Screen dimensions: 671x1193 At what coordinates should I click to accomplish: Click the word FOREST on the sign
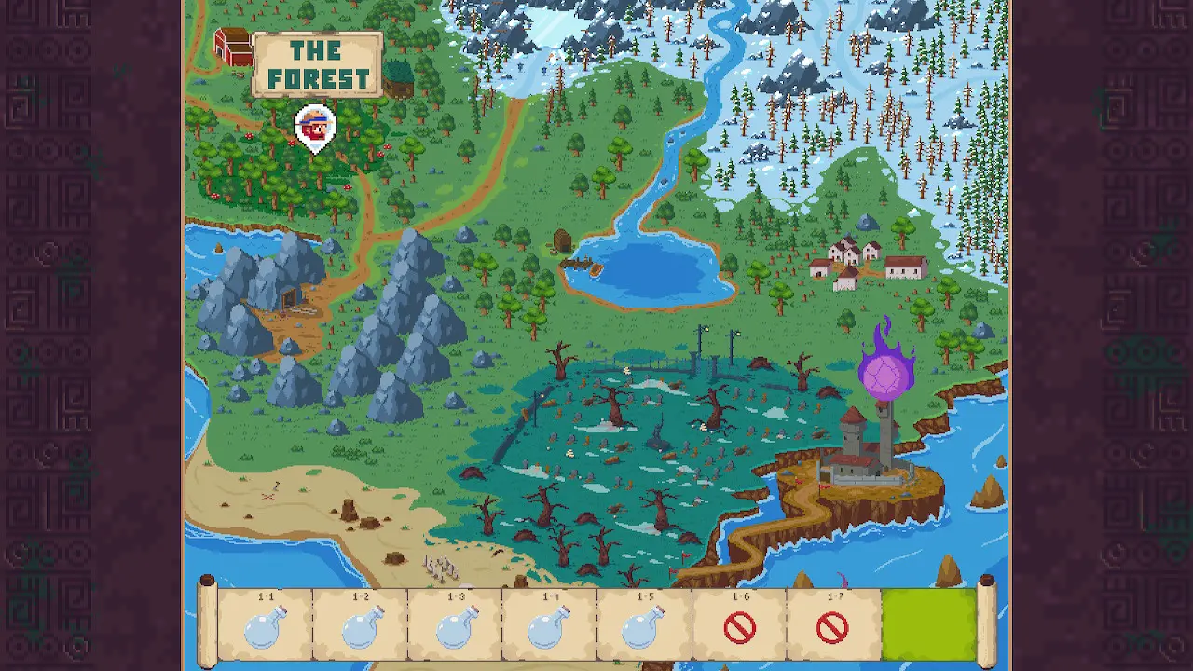coord(318,78)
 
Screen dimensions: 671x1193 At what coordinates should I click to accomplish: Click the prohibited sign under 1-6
coord(739,628)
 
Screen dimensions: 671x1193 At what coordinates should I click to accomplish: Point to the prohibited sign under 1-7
coord(832,628)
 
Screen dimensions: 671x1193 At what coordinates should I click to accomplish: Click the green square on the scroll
coord(928,624)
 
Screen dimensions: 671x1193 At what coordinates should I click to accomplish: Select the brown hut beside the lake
coord(562,241)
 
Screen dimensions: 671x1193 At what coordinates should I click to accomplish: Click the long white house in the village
coord(905,267)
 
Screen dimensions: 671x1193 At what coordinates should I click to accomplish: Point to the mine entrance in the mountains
coord(292,300)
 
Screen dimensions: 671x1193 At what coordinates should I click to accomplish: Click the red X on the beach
coord(268,496)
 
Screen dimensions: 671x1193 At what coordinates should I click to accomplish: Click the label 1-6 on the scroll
coord(740,597)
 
